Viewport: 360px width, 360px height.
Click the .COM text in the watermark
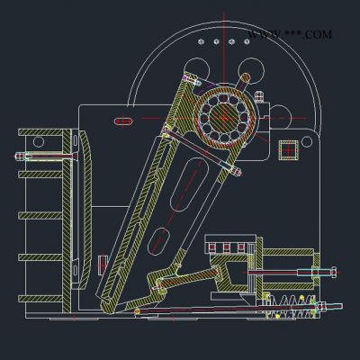[x=318, y=35]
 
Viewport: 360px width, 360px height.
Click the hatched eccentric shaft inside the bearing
[x=223, y=118]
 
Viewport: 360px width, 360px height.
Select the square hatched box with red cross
[x=288, y=150]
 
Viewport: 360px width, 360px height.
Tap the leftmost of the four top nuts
[x=202, y=41]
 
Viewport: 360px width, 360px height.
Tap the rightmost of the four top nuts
[x=247, y=41]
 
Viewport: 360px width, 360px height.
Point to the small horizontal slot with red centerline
[x=123, y=121]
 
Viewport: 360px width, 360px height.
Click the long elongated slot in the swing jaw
[x=189, y=186]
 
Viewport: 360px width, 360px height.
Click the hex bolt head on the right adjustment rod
[x=333, y=272]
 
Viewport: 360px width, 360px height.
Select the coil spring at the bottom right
[x=292, y=306]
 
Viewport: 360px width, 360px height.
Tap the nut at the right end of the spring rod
[x=321, y=306]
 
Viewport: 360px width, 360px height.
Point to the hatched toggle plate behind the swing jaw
[x=190, y=277]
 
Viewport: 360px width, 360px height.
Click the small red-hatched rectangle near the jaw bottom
[x=103, y=265]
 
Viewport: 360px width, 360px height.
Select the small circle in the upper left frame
[x=39, y=141]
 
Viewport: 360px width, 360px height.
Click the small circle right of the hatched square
[x=307, y=141]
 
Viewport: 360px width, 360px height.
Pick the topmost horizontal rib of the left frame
[x=40, y=132]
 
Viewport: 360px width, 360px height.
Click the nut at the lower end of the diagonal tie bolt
[x=236, y=172]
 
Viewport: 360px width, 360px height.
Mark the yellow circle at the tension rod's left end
[x=137, y=311]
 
